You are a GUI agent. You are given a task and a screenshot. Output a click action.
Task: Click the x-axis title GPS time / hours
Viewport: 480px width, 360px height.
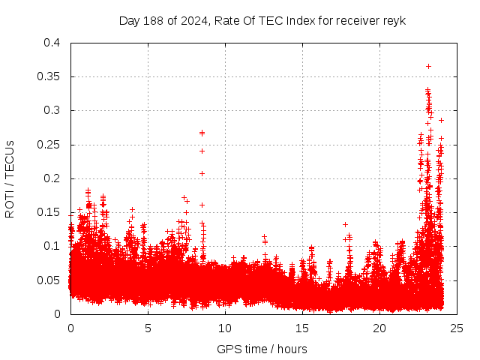(x=262, y=349)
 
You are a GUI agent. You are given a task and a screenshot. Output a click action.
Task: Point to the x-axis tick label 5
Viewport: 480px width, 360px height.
(x=148, y=328)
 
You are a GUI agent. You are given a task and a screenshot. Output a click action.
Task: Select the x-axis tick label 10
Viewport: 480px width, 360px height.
(x=225, y=328)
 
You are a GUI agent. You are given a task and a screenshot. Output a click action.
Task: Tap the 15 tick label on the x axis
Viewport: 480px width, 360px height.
(x=302, y=328)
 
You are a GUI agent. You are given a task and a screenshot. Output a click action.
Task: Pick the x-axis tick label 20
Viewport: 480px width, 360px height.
(x=379, y=328)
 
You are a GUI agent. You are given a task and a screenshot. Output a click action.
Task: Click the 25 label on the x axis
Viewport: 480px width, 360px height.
(x=457, y=328)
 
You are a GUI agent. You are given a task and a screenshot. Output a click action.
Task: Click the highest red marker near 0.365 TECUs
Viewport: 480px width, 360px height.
(x=428, y=66)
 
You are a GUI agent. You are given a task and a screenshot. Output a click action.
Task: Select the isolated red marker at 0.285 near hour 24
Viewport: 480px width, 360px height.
(x=441, y=120)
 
